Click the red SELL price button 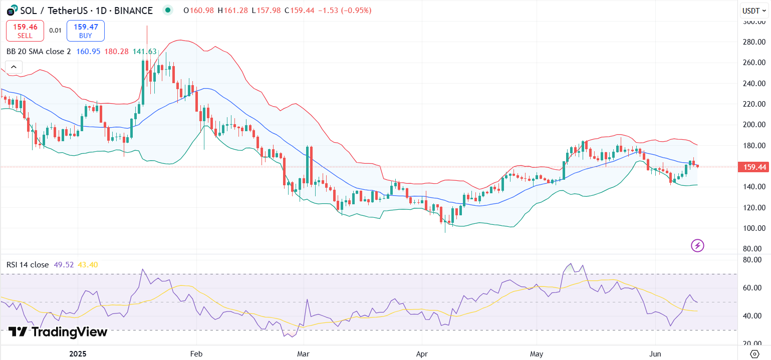pos(25,31)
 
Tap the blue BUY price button pos(86,31)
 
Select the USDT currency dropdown pos(753,11)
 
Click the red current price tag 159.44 pos(753,167)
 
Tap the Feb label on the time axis pos(196,353)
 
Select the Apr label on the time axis pos(421,353)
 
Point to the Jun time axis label pos(655,353)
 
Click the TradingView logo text pos(58,332)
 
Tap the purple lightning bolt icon pos(697,245)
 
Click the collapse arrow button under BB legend pos(14,67)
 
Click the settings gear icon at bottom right pos(755,353)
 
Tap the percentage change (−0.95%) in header pos(356,10)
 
